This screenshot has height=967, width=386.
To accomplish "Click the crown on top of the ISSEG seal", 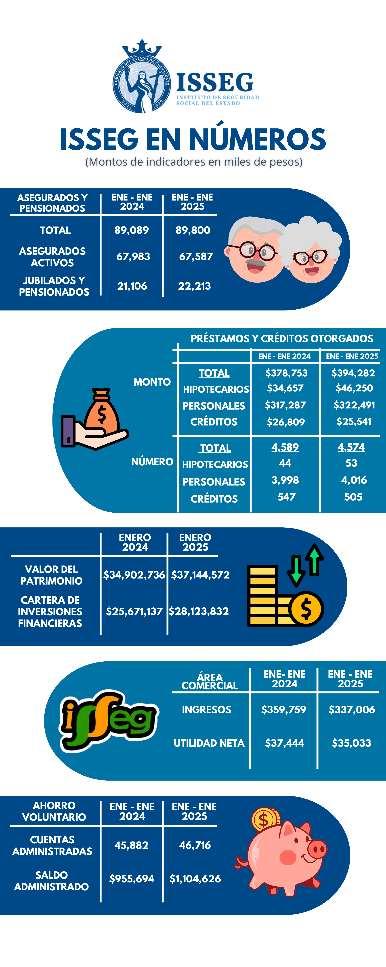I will (x=142, y=48).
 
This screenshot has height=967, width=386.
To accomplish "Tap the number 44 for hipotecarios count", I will (x=285, y=463).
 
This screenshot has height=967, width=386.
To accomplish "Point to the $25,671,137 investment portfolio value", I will (x=134, y=611).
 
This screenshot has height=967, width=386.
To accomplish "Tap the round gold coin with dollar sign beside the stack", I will (x=306, y=609).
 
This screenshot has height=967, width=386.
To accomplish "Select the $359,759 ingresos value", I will (x=284, y=710).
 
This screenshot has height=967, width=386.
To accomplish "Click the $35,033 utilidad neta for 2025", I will (x=351, y=743).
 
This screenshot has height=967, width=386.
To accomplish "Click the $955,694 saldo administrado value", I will (x=132, y=879).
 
